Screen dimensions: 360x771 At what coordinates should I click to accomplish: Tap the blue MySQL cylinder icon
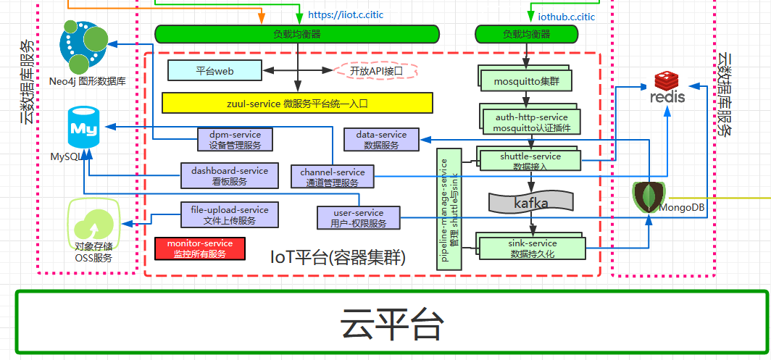tap(83, 128)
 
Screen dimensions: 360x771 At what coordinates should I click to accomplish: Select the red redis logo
tap(667, 88)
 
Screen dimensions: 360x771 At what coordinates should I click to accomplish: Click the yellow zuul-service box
tap(297, 104)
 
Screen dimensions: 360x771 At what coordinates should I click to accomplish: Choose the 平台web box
tap(214, 70)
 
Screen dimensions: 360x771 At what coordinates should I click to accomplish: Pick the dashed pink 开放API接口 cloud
tap(375, 71)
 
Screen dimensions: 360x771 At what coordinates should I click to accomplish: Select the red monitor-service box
tap(200, 248)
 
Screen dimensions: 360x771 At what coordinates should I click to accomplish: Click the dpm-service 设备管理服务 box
tap(235, 140)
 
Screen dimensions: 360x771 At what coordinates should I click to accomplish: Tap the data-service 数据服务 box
tap(381, 140)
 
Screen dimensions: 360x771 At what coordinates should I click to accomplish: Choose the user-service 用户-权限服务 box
tap(358, 217)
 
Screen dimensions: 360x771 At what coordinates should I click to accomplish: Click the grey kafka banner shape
tap(531, 203)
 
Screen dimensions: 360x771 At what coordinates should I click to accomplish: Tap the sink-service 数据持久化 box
tap(533, 248)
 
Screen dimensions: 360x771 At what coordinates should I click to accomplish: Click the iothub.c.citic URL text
tap(566, 17)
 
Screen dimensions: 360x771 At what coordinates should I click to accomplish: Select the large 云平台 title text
tap(391, 325)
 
